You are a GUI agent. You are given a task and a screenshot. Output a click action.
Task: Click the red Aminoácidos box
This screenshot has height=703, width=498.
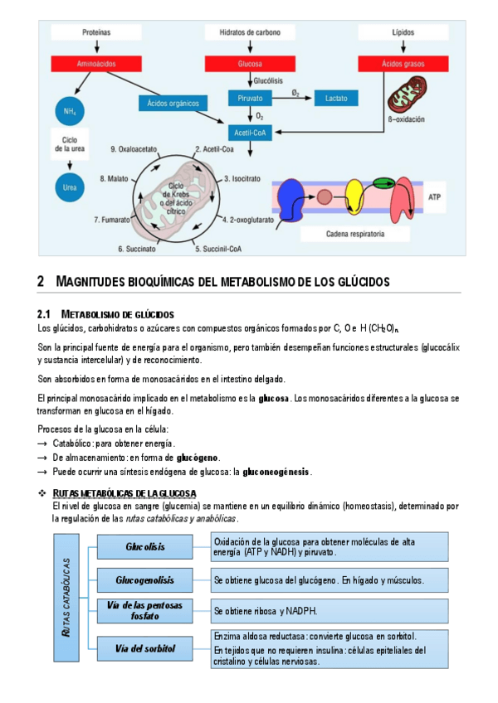[x=96, y=64]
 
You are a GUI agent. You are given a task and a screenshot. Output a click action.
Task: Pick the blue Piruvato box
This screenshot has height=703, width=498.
[x=250, y=98]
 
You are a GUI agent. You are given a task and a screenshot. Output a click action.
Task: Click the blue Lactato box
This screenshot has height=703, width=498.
[x=336, y=98]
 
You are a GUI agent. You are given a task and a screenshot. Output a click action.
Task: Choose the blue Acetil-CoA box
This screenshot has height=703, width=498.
[x=250, y=132]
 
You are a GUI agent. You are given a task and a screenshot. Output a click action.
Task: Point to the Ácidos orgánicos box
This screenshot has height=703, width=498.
[x=173, y=104]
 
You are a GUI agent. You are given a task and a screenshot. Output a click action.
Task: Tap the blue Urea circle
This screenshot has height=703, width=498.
[x=69, y=187]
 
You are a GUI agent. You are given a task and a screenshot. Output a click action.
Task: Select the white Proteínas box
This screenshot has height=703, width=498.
[x=96, y=32]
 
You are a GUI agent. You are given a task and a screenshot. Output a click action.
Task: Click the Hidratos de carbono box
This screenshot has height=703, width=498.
[x=250, y=32]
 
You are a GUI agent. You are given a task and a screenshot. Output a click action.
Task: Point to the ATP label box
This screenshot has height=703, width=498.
[x=435, y=198]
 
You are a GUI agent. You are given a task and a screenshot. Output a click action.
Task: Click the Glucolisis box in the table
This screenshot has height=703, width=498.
[x=145, y=547]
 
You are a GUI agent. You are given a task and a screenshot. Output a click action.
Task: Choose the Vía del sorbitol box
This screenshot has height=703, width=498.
[x=145, y=648]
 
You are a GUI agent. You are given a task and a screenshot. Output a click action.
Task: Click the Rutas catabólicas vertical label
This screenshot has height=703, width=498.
[x=66, y=598]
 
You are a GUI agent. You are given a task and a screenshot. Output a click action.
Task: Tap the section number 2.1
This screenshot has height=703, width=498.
[x=45, y=314]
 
